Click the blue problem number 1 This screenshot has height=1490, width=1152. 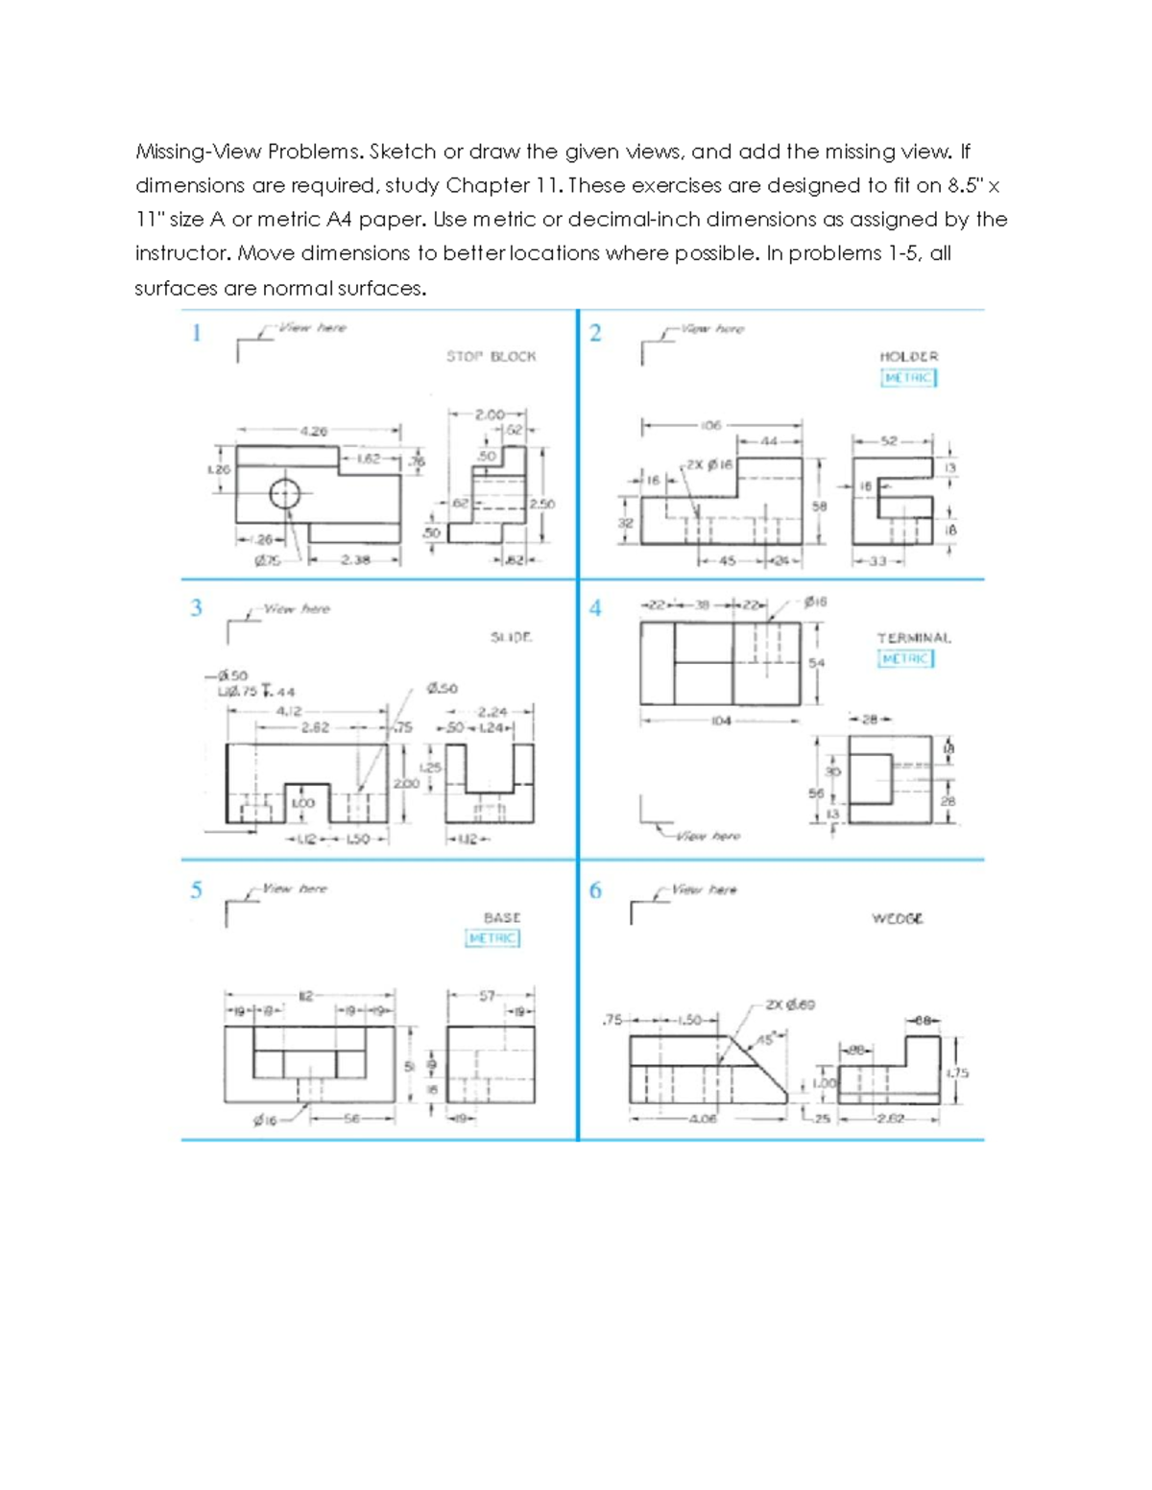coord(197,333)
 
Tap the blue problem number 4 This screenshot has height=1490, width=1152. coord(595,608)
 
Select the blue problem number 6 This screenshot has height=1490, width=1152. coord(595,890)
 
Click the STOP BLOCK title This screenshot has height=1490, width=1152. coord(491,356)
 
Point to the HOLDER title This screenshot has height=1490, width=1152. coord(908,356)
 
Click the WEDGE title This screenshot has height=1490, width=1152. coord(898,918)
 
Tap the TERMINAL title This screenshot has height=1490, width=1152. coord(913,637)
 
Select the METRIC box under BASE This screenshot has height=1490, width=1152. coord(492,937)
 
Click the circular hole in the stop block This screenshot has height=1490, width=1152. coord(285,494)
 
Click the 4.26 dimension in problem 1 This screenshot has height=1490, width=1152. coord(314,431)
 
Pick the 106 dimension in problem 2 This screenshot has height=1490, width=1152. coord(710,424)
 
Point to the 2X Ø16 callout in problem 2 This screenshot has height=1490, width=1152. coord(710,464)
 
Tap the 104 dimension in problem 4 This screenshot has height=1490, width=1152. coord(721,720)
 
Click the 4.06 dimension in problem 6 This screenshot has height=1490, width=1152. coord(703,1118)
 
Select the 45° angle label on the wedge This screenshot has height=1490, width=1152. coord(766,1039)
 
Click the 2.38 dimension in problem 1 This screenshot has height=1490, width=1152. coord(355,559)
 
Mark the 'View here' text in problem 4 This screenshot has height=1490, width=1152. coord(708,836)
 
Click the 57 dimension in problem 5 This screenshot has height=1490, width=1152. coord(488,996)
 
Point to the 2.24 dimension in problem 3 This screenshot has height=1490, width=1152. coord(492,712)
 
